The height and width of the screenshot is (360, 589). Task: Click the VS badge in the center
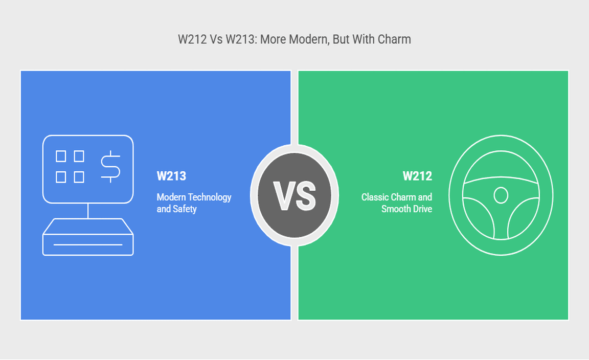(294, 195)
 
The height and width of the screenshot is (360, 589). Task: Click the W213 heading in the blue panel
(171, 176)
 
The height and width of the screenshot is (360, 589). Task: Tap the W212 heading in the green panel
(417, 176)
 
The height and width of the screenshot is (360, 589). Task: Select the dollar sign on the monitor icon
(110, 167)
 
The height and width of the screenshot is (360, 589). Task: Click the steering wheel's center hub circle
(501, 195)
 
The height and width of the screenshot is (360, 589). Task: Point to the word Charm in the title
(394, 39)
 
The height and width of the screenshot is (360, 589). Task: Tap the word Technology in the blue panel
(210, 198)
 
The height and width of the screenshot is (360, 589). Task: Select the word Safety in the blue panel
(185, 209)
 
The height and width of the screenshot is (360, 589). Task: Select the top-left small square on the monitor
(61, 156)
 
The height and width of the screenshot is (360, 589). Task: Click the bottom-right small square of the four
(79, 177)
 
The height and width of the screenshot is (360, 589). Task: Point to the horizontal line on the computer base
(88, 244)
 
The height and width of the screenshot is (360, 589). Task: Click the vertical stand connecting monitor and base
(88, 211)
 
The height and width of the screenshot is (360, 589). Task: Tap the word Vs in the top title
(216, 39)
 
